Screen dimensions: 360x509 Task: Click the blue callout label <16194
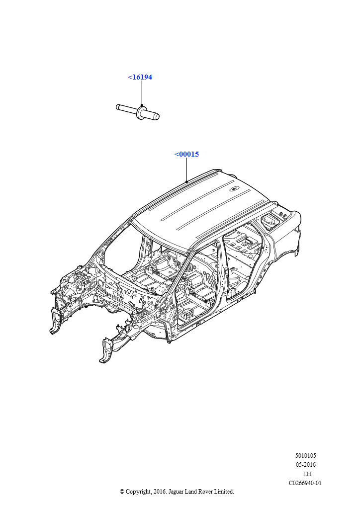point(140,77)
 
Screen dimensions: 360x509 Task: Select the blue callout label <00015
point(186,154)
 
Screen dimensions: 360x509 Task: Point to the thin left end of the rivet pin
point(118,106)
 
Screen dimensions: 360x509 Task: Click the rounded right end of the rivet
point(157,116)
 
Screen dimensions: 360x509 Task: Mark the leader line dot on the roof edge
point(186,181)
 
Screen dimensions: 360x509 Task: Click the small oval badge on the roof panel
point(234,188)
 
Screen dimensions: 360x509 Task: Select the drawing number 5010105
point(305,456)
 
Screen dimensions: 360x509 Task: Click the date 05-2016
point(305,465)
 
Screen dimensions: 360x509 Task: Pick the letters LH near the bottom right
point(307,474)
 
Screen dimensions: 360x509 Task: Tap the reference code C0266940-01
point(305,483)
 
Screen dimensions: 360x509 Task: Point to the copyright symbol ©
point(122,492)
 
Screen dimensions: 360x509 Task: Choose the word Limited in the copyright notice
point(224,492)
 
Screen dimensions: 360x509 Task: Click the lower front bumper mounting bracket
point(106,350)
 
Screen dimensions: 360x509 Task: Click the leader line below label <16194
point(142,93)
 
